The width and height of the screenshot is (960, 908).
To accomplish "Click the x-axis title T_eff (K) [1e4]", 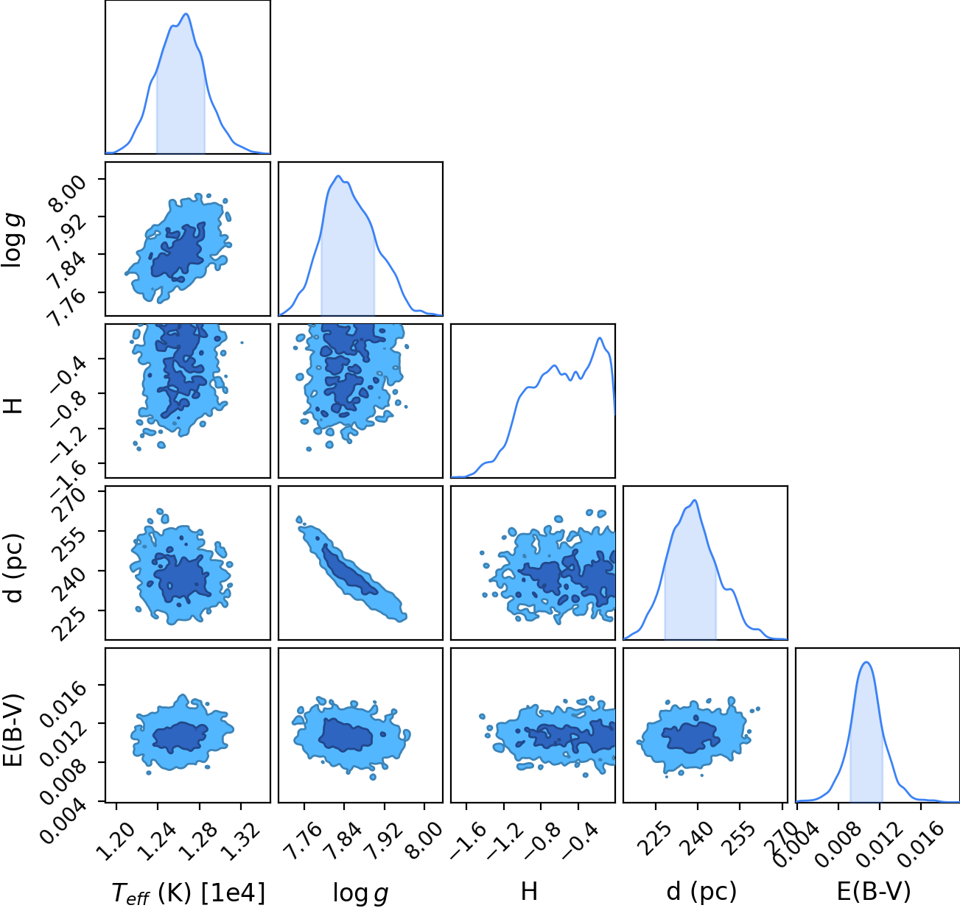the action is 188,892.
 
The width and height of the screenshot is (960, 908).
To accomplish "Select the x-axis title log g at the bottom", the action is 360,893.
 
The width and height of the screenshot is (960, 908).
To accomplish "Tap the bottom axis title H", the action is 529,891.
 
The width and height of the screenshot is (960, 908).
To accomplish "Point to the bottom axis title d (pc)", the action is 701,892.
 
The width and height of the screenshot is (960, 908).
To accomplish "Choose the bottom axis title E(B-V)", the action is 874,891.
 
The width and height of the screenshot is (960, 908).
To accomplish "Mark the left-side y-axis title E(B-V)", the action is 13,730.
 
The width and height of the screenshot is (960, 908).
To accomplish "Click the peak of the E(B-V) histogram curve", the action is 866,662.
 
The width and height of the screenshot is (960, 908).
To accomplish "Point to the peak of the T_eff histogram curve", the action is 186,14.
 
